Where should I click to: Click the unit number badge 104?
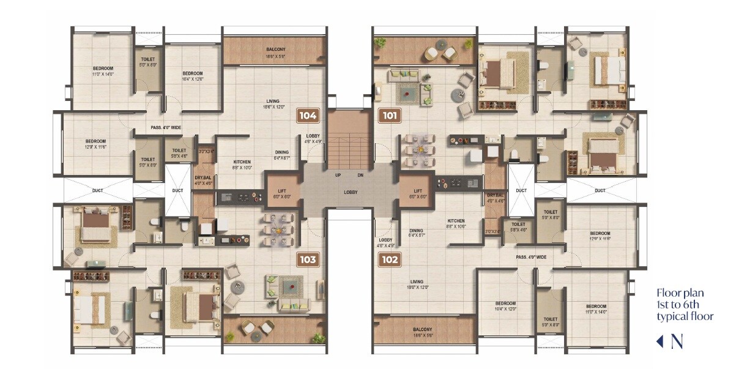[x=307, y=116]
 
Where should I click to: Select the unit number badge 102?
[x=390, y=259]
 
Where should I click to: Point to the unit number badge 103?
[x=308, y=259]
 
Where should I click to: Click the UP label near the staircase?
[x=338, y=175]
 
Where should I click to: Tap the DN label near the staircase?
[x=360, y=175]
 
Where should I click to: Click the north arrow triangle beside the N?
[x=659, y=341]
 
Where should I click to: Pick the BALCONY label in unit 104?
[x=275, y=50]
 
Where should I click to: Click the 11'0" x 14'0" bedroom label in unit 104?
[x=103, y=71]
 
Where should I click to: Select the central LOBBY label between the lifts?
[x=350, y=192]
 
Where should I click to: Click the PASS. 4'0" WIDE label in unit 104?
[x=166, y=128]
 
